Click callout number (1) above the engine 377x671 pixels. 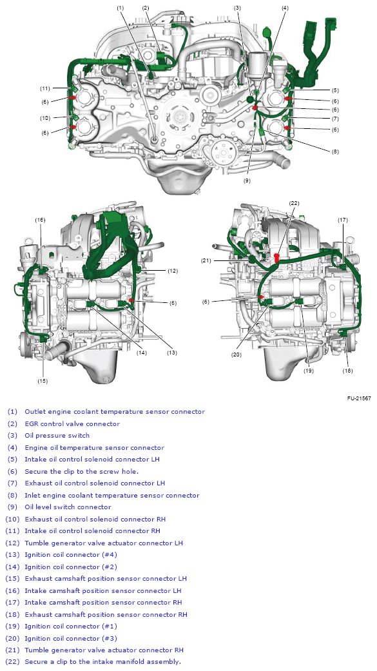point(121,8)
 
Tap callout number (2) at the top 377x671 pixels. point(146,8)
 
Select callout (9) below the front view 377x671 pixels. point(247,181)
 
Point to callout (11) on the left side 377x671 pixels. point(45,88)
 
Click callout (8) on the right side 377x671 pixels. point(335,151)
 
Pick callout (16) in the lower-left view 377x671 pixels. point(41,220)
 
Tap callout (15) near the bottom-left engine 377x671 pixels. point(43,381)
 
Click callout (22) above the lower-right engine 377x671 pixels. point(294,203)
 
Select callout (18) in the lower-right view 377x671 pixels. point(348,371)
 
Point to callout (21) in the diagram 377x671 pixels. point(206,260)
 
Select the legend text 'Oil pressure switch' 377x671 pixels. point(57,436)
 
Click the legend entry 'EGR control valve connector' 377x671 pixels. point(72,423)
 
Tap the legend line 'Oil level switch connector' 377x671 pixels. point(68,507)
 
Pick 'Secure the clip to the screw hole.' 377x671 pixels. point(81,471)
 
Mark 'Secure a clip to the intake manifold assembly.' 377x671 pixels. point(102,662)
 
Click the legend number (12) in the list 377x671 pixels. point(13,543)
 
